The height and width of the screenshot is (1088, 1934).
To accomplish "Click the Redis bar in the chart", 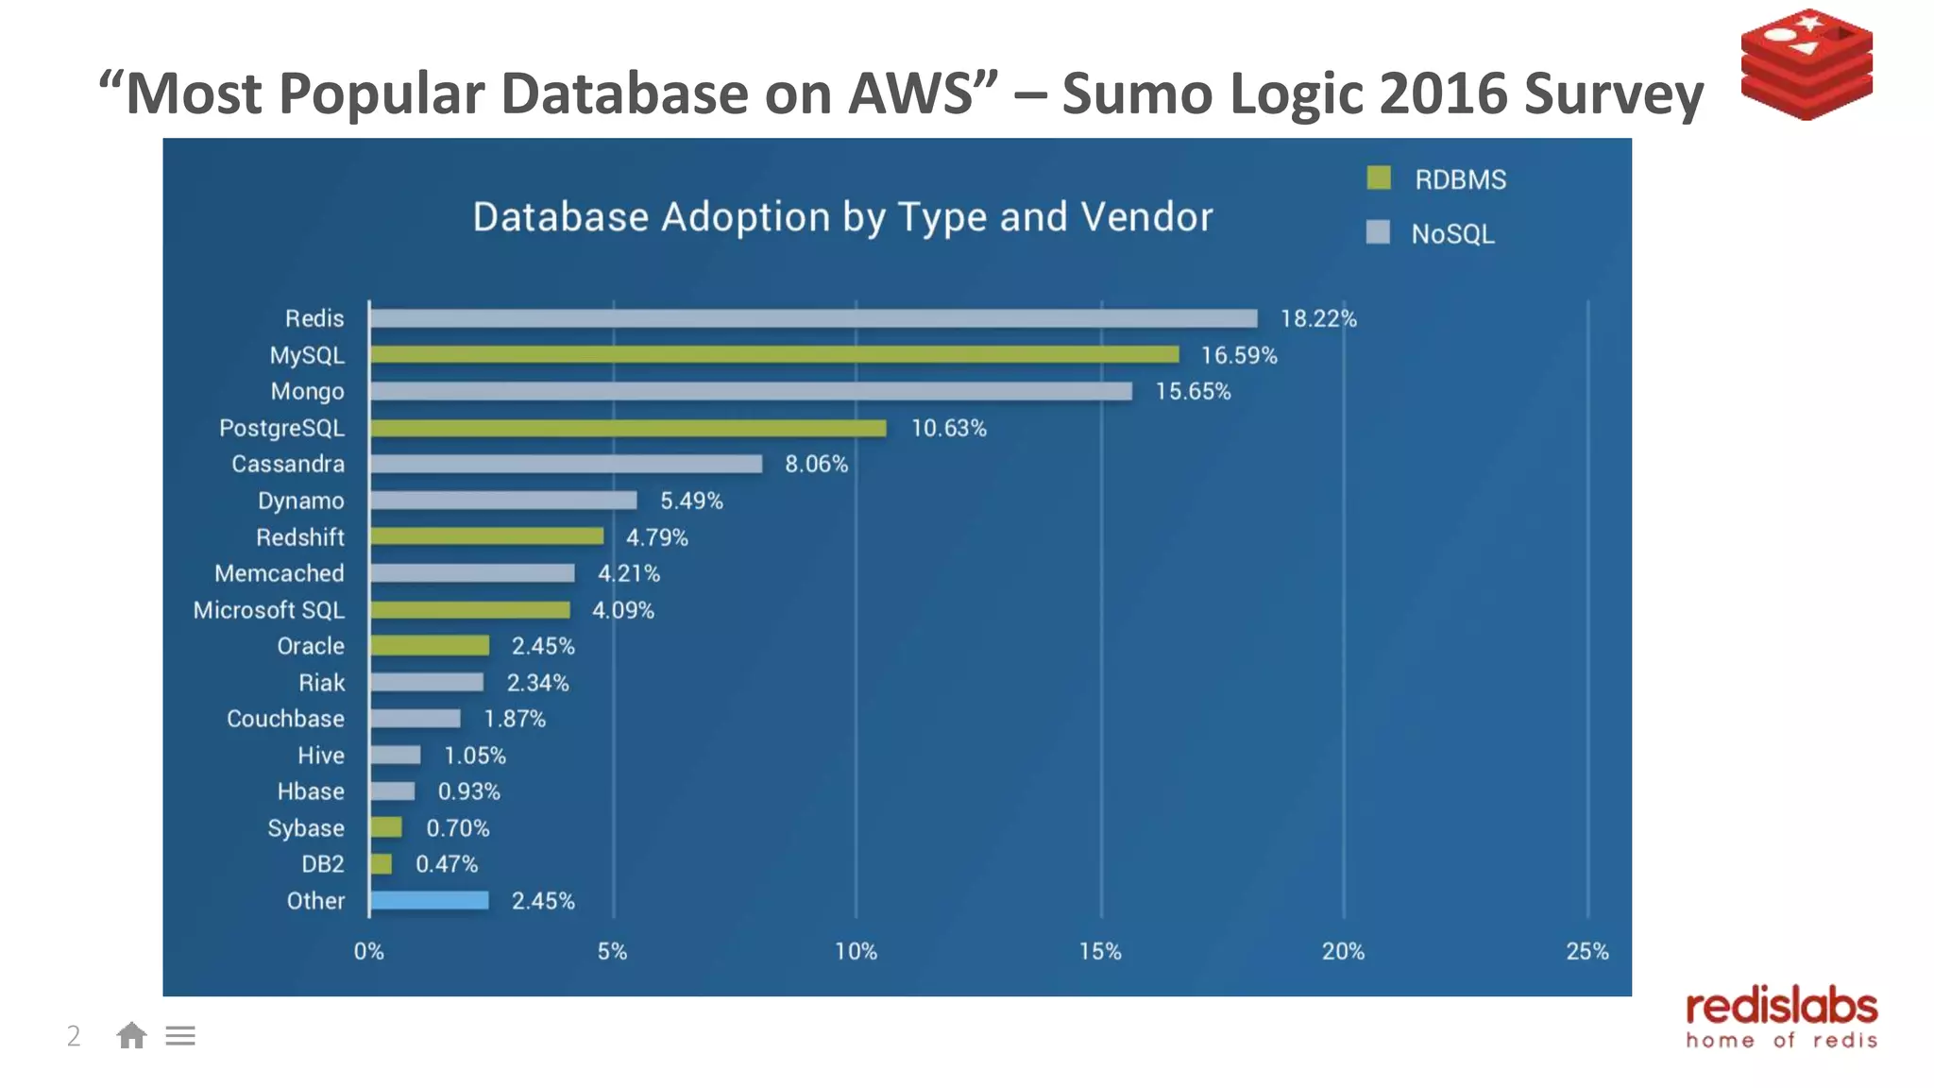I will [x=812, y=318].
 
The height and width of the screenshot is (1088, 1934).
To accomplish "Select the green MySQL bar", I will [x=774, y=354].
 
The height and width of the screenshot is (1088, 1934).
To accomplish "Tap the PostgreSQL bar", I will [x=628, y=428].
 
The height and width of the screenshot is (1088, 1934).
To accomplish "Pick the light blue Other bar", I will [x=430, y=900].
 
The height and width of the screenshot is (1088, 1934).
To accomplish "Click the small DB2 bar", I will [x=381, y=863].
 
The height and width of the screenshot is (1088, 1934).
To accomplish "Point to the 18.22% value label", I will [x=1318, y=319].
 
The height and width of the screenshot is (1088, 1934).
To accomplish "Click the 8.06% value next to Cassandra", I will [x=816, y=465].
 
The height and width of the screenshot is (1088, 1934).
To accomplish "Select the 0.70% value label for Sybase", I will [x=457, y=828].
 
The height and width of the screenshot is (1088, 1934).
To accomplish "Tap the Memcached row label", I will [x=280, y=573].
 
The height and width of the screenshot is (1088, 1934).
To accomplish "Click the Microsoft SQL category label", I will [x=269, y=610].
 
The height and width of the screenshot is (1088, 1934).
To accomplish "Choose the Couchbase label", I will [x=285, y=719].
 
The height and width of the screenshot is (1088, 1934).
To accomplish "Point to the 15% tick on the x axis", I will [x=1100, y=951].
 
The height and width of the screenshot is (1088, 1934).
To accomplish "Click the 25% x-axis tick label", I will [x=1586, y=951].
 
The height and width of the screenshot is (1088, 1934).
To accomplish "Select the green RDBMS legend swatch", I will [x=1379, y=178].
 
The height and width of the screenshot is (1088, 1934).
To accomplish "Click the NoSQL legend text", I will [x=1452, y=234].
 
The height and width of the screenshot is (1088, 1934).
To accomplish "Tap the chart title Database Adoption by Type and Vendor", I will [x=842, y=217].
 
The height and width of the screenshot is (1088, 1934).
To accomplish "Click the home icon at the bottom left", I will [x=131, y=1036].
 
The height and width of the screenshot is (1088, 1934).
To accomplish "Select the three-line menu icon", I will [x=180, y=1036].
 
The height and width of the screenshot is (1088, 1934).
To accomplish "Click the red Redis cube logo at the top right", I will [x=1807, y=64].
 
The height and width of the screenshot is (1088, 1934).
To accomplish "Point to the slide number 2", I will [x=74, y=1036].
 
